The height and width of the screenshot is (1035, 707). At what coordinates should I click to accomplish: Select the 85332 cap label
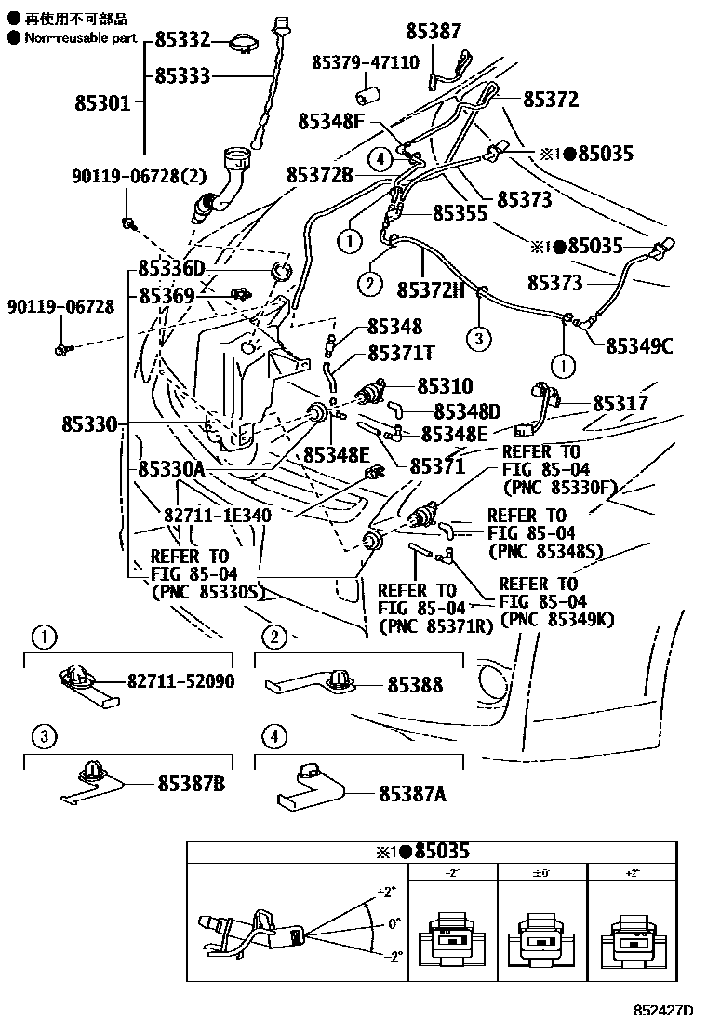(x=181, y=40)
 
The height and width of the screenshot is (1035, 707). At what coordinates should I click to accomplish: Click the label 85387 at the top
(x=434, y=32)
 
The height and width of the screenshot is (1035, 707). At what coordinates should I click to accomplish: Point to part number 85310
(x=445, y=385)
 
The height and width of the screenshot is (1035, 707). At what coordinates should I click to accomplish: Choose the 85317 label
(x=620, y=403)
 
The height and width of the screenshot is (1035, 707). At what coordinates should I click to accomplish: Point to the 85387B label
(x=190, y=784)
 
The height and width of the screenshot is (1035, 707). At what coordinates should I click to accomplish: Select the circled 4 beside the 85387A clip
(x=273, y=737)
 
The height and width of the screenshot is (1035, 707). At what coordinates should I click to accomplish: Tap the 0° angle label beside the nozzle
(x=394, y=924)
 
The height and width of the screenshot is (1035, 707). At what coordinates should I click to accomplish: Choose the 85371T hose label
(x=401, y=353)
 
